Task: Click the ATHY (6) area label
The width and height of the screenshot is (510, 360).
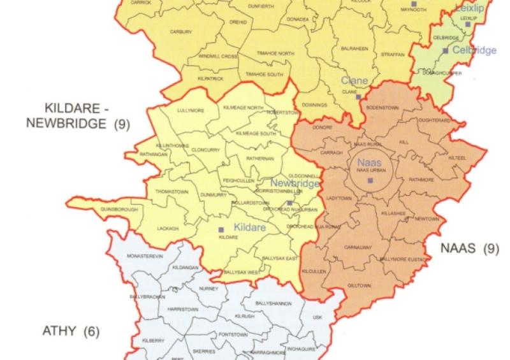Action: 70,331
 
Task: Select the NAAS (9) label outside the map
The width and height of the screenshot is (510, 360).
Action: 470,247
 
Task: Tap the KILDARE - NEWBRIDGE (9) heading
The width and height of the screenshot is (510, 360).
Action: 77,115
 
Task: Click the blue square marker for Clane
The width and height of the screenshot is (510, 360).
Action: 359,97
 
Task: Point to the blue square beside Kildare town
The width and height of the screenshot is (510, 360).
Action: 221,229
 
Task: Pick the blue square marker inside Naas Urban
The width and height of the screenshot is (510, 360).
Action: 370,181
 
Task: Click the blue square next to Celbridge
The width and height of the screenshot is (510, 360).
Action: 446,50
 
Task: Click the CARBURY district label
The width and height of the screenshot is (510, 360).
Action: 180,32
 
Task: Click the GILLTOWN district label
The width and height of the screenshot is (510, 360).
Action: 359,285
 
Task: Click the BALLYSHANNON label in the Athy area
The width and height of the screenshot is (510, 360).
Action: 275,303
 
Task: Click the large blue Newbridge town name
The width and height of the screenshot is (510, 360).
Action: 295,184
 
